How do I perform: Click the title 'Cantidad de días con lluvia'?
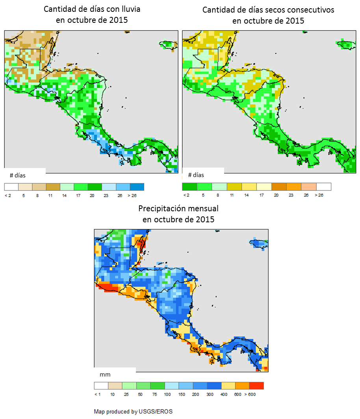(x=92, y=9)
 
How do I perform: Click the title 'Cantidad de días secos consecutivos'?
(x=268, y=10)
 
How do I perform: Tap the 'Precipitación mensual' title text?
(x=178, y=209)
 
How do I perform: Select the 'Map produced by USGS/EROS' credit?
(x=133, y=412)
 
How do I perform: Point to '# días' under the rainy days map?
(x=17, y=175)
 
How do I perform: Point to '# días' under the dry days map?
(x=196, y=175)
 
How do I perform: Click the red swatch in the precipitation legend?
(x=256, y=386)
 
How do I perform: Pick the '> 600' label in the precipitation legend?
(x=250, y=394)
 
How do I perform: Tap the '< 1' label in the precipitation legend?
(x=97, y=394)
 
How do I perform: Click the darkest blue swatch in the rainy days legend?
(x=137, y=186)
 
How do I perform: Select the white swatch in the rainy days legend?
(x=11, y=186)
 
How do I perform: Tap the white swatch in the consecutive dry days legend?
(x=324, y=186)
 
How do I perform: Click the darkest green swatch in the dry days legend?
(x=189, y=186)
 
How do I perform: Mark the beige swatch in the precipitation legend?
(x=115, y=386)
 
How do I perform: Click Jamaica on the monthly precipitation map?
(x=259, y=244)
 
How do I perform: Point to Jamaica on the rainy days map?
(x=168, y=45)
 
